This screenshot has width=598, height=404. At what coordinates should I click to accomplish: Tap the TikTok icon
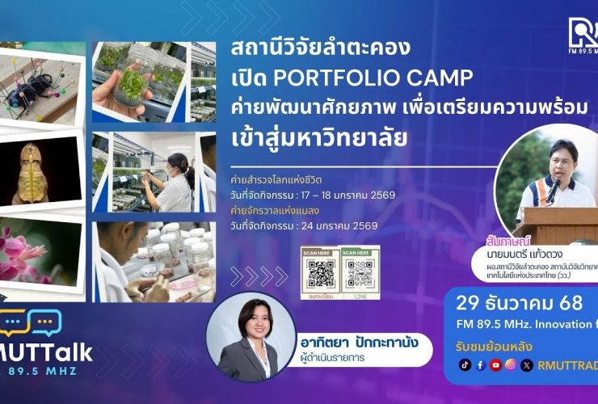click(465, 364)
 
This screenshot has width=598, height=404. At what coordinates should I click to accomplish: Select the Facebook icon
click(480, 364)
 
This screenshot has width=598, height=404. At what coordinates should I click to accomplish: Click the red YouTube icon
click(495, 364)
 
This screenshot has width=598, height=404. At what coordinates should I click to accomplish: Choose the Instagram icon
click(511, 364)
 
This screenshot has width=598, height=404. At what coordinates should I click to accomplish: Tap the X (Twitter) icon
click(527, 364)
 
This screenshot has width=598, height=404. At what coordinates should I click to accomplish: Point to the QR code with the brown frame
click(320, 273)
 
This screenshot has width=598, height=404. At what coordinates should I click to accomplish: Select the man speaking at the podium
click(558, 174)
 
